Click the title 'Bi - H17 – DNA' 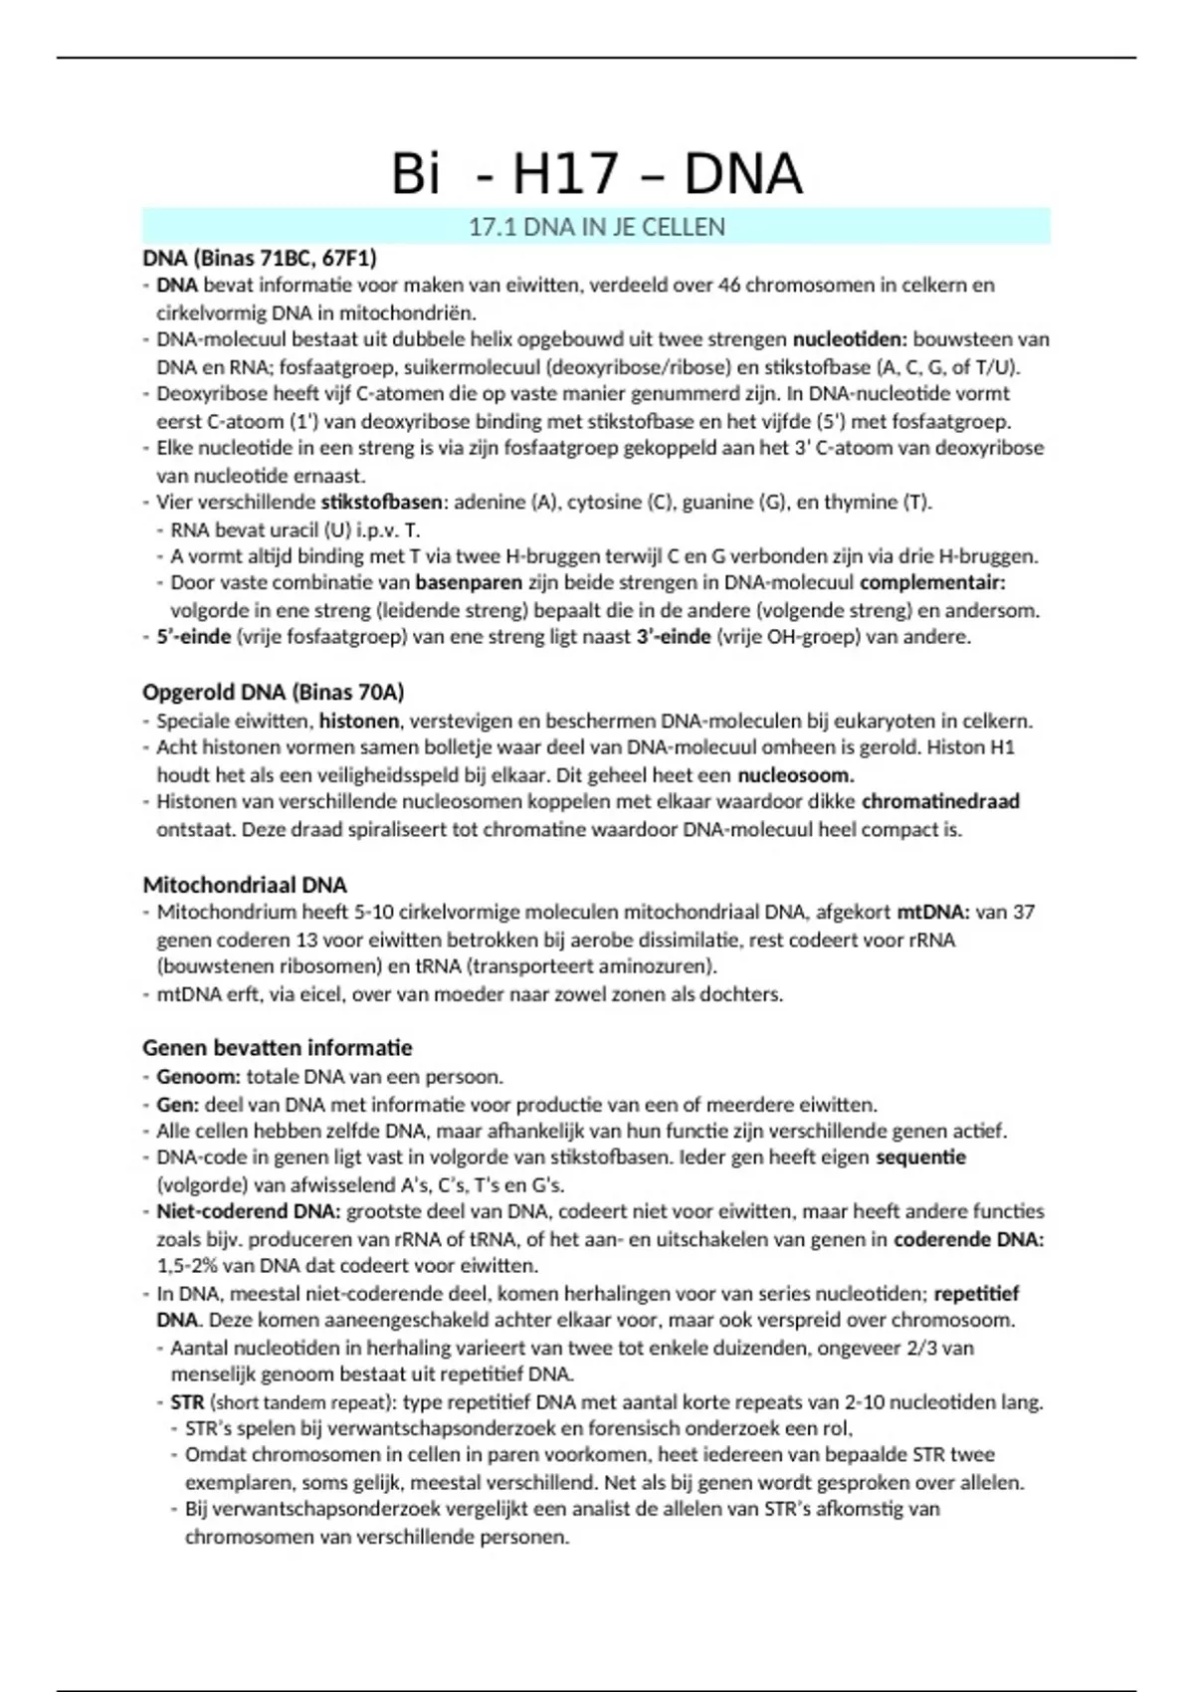pyautogui.click(x=597, y=174)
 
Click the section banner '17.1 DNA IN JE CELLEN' pyautogui.click(x=597, y=227)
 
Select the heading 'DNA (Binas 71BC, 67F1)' pyautogui.click(x=260, y=258)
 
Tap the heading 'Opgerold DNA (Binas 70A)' pyautogui.click(x=274, y=692)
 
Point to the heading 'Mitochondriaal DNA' pyautogui.click(x=245, y=885)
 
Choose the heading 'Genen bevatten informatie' pyautogui.click(x=277, y=1047)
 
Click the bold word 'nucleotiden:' pyautogui.click(x=850, y=339)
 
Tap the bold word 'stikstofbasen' pyautogui.click(x=381, y=502)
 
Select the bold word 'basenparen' pyautogui.click(x=469, y=582)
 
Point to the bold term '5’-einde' pyautogui.click(x=193, y=637)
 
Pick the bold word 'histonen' pyautogui.click(x=358, y=721)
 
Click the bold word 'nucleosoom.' pyautogui.click(x=796, y=774)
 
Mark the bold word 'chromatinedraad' pyautogui.click(x=940, y=801)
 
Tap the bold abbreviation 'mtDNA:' pyautogui.click(x=932, y=912)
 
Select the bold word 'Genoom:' pyautogui.click(x=198, y=1077)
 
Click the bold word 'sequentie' pyautogui.click(x=920, y=1158)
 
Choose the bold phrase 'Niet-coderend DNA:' pyautogui.click(x=248, y=1212)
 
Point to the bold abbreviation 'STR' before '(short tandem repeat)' pyautogui.click(x=187, y=1402)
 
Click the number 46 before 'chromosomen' pyautogui.click(x=729, y=286)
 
